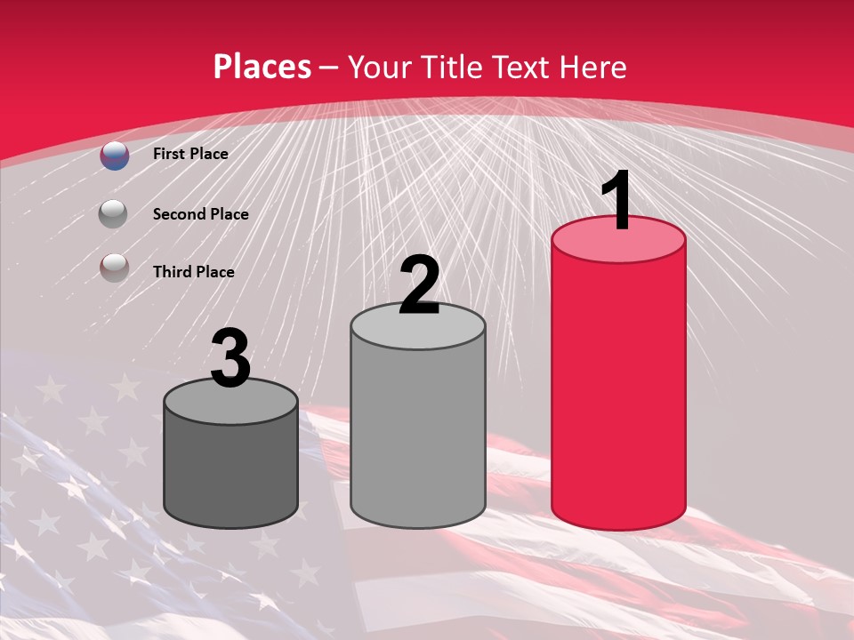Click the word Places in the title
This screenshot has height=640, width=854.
(x=262, y=67)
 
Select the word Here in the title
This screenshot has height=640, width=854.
(x=592, y=67)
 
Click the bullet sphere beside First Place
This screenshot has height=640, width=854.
(x=115, y=155)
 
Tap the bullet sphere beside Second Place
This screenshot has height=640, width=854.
(x=113, y=214)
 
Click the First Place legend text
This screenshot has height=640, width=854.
(x=190, y=154)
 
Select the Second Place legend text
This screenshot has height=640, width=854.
(x=200, y=214)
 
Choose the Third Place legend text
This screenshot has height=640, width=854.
(x=193, y=272)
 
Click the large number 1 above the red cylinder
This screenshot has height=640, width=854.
(x=616, y=200)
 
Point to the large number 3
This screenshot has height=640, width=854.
(x=230, y=357)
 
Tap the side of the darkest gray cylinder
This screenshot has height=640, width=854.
(x=230, y=471)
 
